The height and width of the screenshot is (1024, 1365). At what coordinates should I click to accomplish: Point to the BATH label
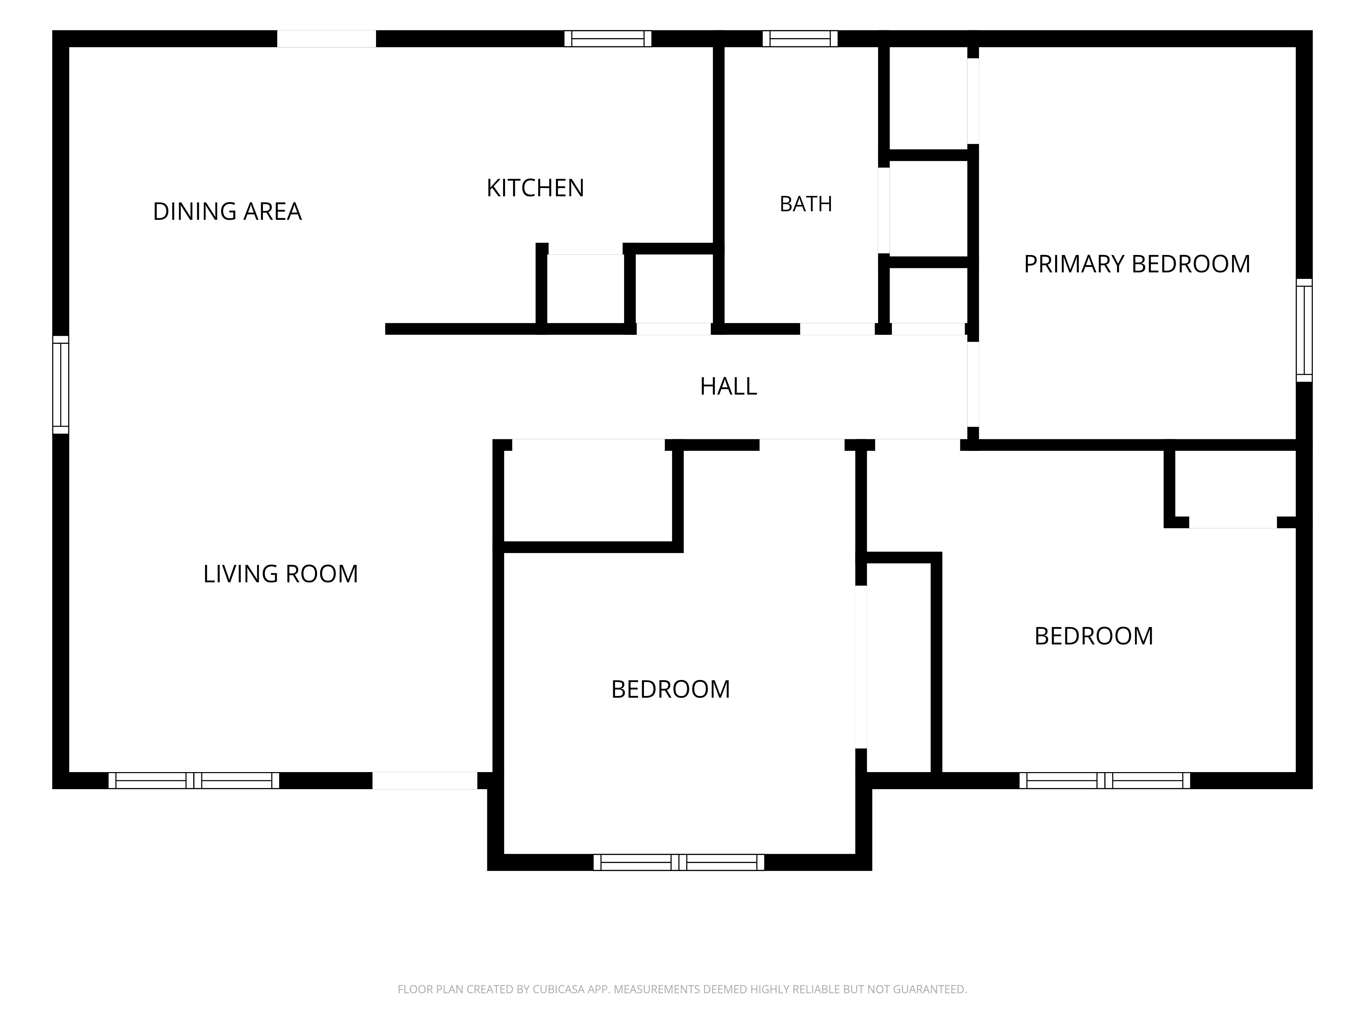[806, 204]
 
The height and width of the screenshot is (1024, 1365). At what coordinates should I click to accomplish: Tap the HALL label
[728, 386]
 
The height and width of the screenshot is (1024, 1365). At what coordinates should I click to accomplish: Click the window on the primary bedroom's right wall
[1304, 330]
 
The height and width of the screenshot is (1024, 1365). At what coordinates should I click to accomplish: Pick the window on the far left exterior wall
[60, 385]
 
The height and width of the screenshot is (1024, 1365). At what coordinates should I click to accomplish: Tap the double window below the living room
[194, 780]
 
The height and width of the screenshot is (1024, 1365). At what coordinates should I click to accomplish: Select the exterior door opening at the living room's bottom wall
[425, 780]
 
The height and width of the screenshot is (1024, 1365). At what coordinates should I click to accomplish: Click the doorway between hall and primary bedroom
[973, 385]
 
